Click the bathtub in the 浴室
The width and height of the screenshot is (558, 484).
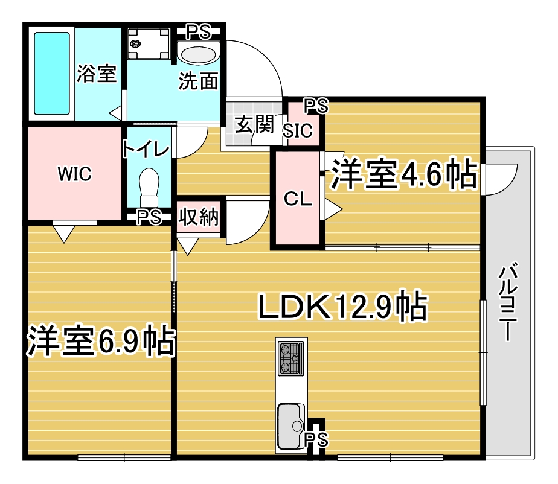click(51, 74)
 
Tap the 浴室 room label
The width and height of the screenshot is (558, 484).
click(97, 74)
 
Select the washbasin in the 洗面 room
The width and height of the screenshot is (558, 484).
click(199, 55)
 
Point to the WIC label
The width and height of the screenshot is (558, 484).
click(75, 174)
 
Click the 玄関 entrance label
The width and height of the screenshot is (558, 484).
click(254, 124)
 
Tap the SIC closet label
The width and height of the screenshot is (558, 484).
click(298, 130)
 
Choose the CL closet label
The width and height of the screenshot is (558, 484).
click(298, 199)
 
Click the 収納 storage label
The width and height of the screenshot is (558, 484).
click(199, 217)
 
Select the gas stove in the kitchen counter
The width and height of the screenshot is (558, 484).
click(292, 358)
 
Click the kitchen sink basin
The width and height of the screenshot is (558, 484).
click(291, 426)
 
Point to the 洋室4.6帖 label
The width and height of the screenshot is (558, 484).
click(404, 174)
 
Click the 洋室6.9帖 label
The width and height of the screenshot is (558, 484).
click(101, 340)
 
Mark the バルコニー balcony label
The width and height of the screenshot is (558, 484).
click(507, 302)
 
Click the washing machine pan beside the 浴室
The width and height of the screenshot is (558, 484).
click(149, 43)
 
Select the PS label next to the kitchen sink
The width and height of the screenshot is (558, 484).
click(316, 439)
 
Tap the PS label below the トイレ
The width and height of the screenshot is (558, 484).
click(149, 217)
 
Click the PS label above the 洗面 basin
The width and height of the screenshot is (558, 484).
click(199, 32)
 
